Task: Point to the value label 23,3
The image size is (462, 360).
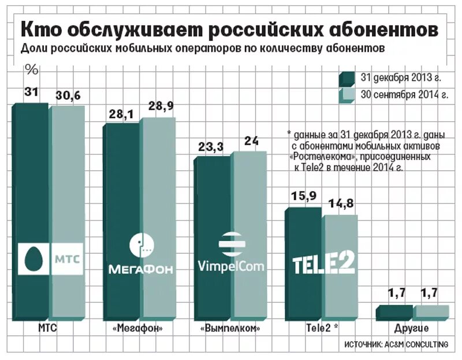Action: pos(210,148)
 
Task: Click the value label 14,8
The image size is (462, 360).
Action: pos(341,203)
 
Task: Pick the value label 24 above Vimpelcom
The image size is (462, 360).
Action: pos(252,141)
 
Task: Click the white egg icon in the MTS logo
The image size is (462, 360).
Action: pos(32,258)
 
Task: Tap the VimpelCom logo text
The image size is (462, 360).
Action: pos(231,266)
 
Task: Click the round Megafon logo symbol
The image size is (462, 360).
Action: pos(142,245)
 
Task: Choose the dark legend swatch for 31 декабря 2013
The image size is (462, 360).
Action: pos(348,78)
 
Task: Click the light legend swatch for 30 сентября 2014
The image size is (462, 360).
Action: pos(348,95)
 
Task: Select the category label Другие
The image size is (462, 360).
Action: pos(412,328)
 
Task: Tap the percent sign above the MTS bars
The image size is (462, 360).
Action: pos(32,70)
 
